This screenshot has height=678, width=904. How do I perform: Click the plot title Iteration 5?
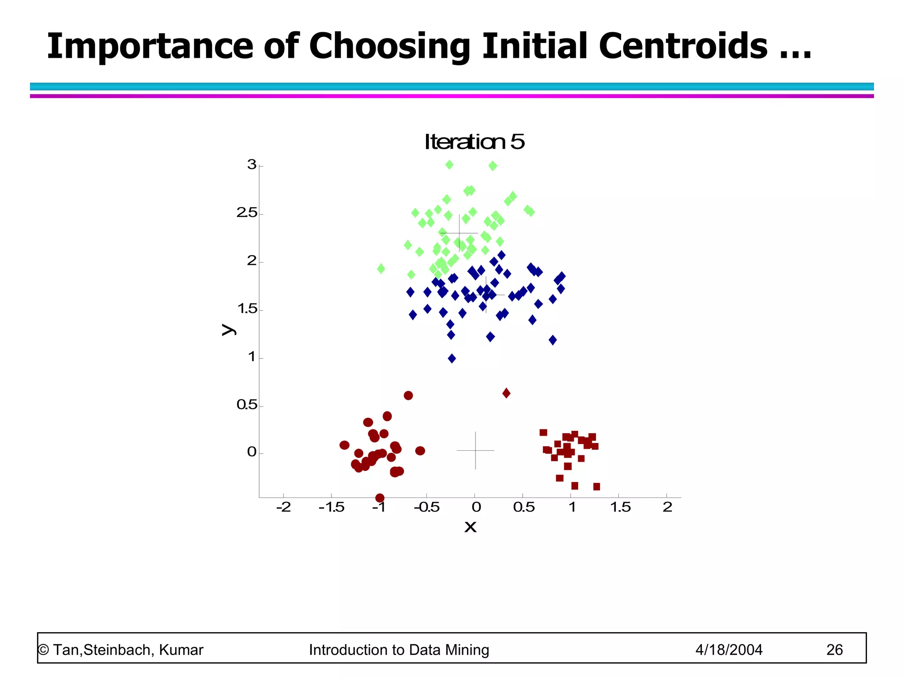474,142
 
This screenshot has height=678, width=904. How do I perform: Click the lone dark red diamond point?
506,393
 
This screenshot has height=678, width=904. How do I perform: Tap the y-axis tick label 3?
252,165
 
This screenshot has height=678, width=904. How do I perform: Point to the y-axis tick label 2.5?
247,213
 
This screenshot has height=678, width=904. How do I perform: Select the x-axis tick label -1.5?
331,508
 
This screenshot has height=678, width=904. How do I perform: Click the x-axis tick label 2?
667,508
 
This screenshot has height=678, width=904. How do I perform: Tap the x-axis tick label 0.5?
524,508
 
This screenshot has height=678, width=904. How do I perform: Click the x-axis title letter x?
471,527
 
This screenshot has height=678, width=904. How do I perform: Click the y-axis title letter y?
227,329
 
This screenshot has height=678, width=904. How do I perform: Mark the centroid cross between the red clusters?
475,450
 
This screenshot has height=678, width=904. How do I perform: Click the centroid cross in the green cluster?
459,233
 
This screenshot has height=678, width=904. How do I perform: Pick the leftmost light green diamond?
381,268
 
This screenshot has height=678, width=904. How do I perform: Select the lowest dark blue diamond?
452,358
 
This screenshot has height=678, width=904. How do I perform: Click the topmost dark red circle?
408,395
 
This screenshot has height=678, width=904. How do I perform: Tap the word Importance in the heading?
150,46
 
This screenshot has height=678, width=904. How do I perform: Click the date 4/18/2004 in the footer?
729,650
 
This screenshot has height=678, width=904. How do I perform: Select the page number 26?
834,650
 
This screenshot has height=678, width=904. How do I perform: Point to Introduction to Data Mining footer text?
399,650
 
